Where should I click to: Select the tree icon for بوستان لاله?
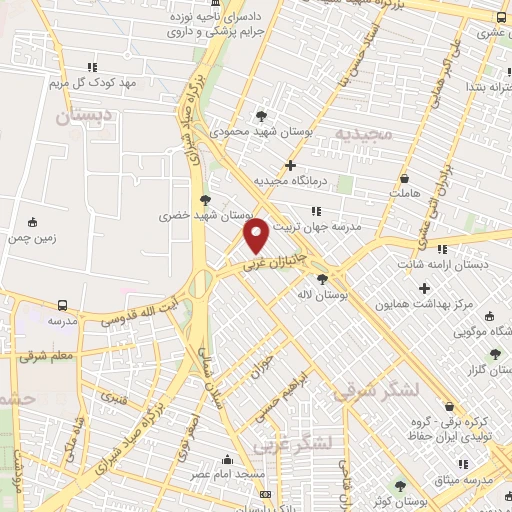click(x=322, y=280)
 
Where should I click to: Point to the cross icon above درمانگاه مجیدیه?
click(x=290, y=165)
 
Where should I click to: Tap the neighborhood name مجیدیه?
click(x=360, y=133)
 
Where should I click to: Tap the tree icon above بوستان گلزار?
click(x=494, y=353)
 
